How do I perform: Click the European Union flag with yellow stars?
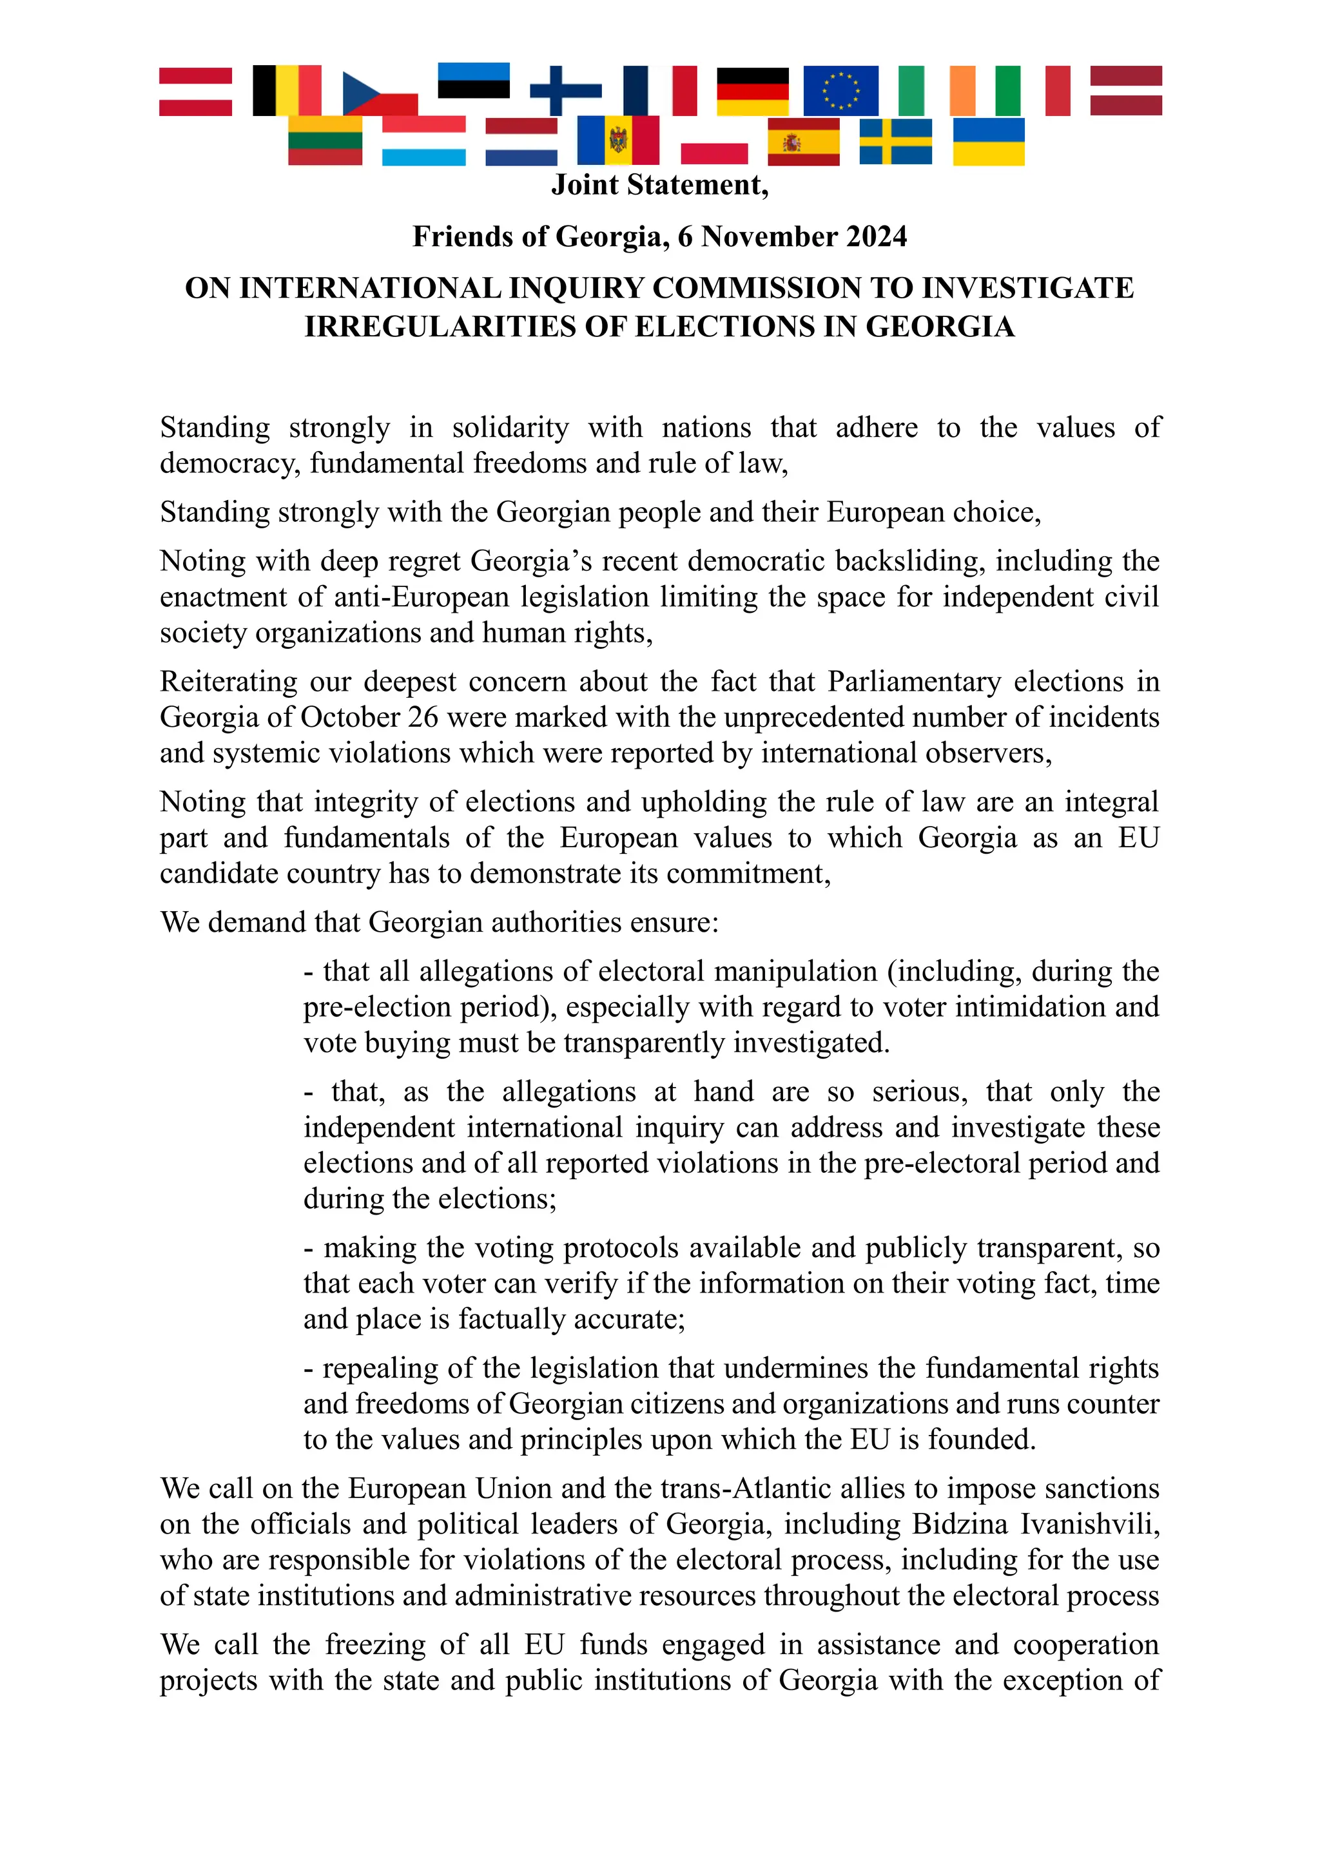coord(840,90)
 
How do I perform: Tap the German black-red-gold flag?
coord(753,90)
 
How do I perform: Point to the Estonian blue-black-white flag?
coord(473,81)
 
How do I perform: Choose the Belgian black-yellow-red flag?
coord(286,90)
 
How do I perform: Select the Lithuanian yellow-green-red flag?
coord(324,141)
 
